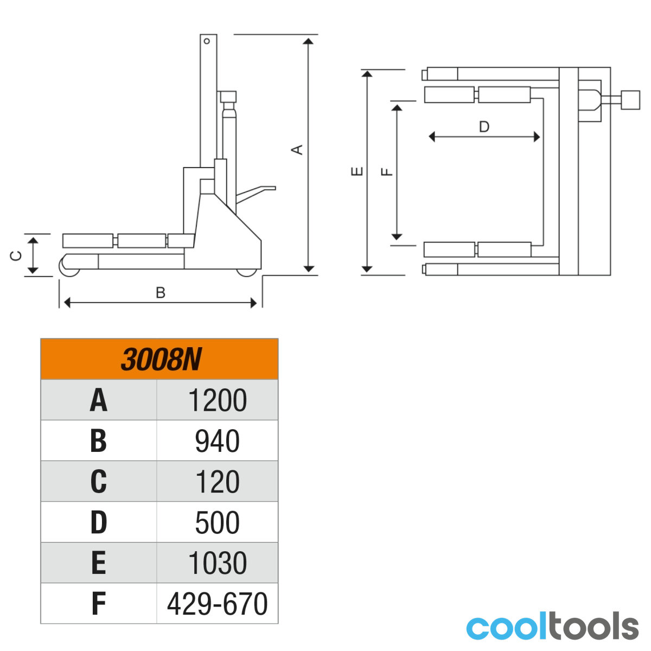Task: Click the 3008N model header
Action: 161,360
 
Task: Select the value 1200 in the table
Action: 218,400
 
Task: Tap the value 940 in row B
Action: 218,441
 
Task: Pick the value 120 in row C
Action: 218,482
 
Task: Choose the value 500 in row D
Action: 218,522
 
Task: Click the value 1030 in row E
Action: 218,563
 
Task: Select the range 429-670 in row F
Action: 218,604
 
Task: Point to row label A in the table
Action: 99,400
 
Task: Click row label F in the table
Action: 99,604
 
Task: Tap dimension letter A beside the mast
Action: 297,150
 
